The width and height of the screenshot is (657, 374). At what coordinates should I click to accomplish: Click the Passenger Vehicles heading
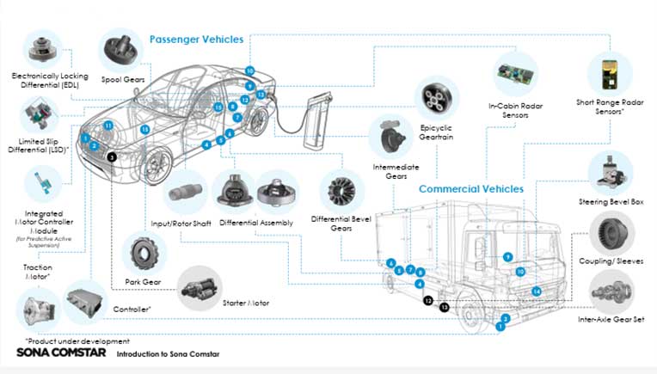[x=196, y=40]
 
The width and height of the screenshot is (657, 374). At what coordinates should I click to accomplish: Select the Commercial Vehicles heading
[x=470, y=188]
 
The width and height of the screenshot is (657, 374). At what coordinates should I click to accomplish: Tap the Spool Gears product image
[x=124, y=50]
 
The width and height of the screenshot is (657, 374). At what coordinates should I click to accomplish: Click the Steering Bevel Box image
[x=611, y=172]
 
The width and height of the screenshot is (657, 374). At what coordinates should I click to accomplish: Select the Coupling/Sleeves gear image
[x=611, y=231]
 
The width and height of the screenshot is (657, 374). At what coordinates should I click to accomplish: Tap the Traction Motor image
[x=40, y=308]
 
